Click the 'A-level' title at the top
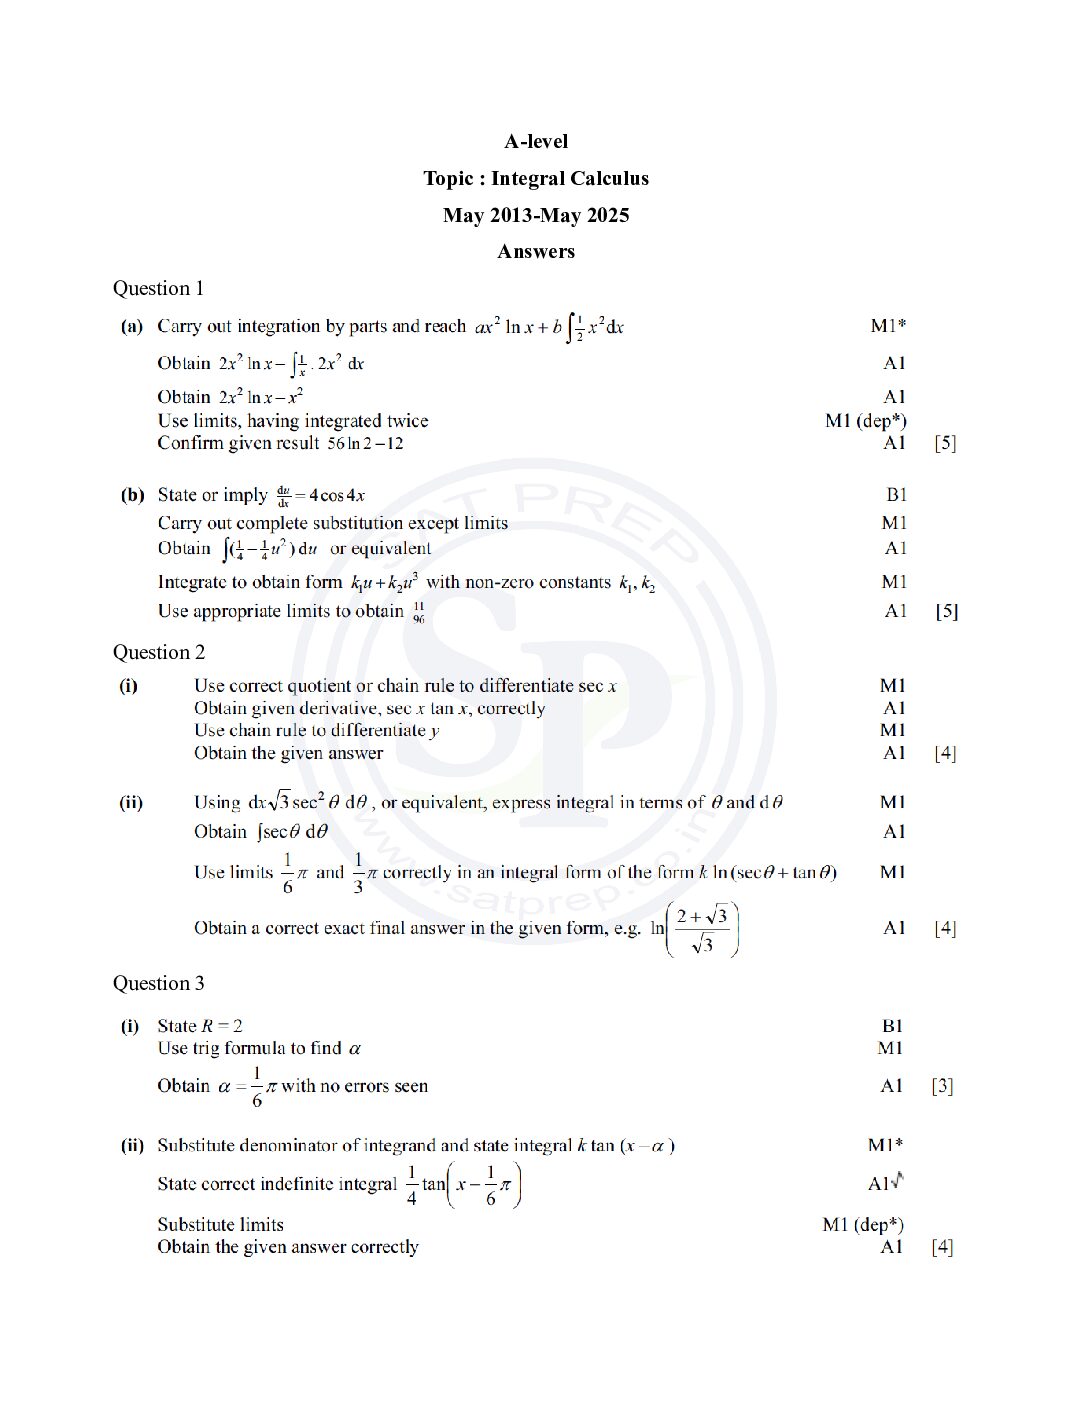click(536, 142)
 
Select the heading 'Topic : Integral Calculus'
click(536, 179)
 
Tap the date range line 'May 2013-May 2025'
click(536, 216)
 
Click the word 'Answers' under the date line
click(536, 252)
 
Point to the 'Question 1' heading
click(158, 289)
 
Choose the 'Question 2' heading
click(158, 653)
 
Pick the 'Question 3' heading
click(158, 984)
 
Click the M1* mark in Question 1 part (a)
click(888, 326)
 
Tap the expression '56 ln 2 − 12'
click(366, 444)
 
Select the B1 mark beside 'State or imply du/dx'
click(896, 495)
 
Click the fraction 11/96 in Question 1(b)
click(418, 613)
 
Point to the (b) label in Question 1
click(132, 495)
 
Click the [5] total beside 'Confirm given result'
click(945, 444)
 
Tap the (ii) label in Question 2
click(131, 803)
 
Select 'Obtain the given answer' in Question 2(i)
click(288, 754)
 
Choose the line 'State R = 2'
click(200, 1026)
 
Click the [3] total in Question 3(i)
click(942, 1086)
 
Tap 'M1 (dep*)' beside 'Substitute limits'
click(863, 1225)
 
